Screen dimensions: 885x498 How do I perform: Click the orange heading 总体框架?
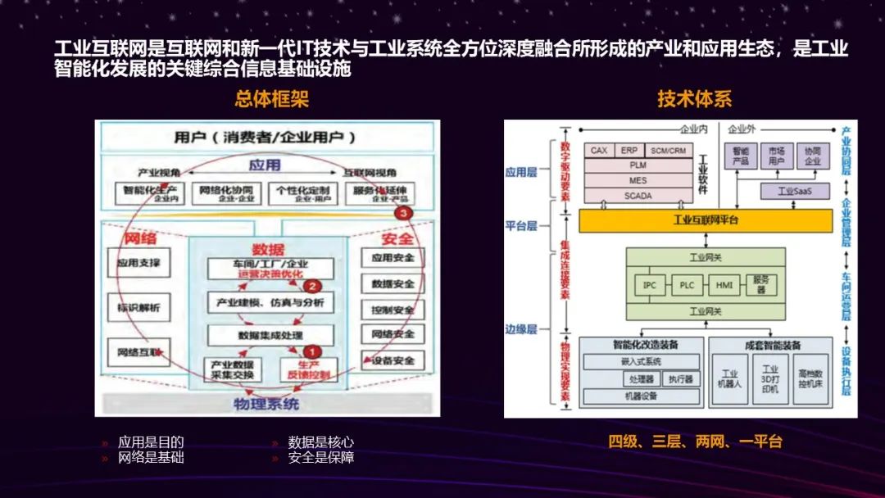[x=271, y=99]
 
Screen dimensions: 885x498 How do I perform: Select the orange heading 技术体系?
[x=694, y=99]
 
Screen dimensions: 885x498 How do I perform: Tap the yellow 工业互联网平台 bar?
[x=706, y=220]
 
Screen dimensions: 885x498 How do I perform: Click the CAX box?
[x=599, y=151]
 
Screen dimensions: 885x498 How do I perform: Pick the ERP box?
[x=629, y=151]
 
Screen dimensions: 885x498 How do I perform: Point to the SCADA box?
[x=638, y=197]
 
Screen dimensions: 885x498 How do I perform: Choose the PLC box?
[x=687, y=285]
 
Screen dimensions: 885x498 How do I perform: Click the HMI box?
[x=724, y=285]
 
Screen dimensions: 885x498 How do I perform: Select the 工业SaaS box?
[x=792, y=192]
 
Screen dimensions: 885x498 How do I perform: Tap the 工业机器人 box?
[x=729, y=379]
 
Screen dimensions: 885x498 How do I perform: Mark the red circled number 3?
[x=401, y=212]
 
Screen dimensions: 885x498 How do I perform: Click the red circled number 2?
[x=311, y=287]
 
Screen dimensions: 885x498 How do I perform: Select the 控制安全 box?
[x=393, y=309]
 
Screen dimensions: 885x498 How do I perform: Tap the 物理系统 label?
[x=266, y=404]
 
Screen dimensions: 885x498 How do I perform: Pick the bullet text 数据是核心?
[x=321, y=442]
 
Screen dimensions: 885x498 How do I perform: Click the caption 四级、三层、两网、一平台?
[x=695, y=441]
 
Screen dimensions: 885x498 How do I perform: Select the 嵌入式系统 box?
[x=642, y=361]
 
